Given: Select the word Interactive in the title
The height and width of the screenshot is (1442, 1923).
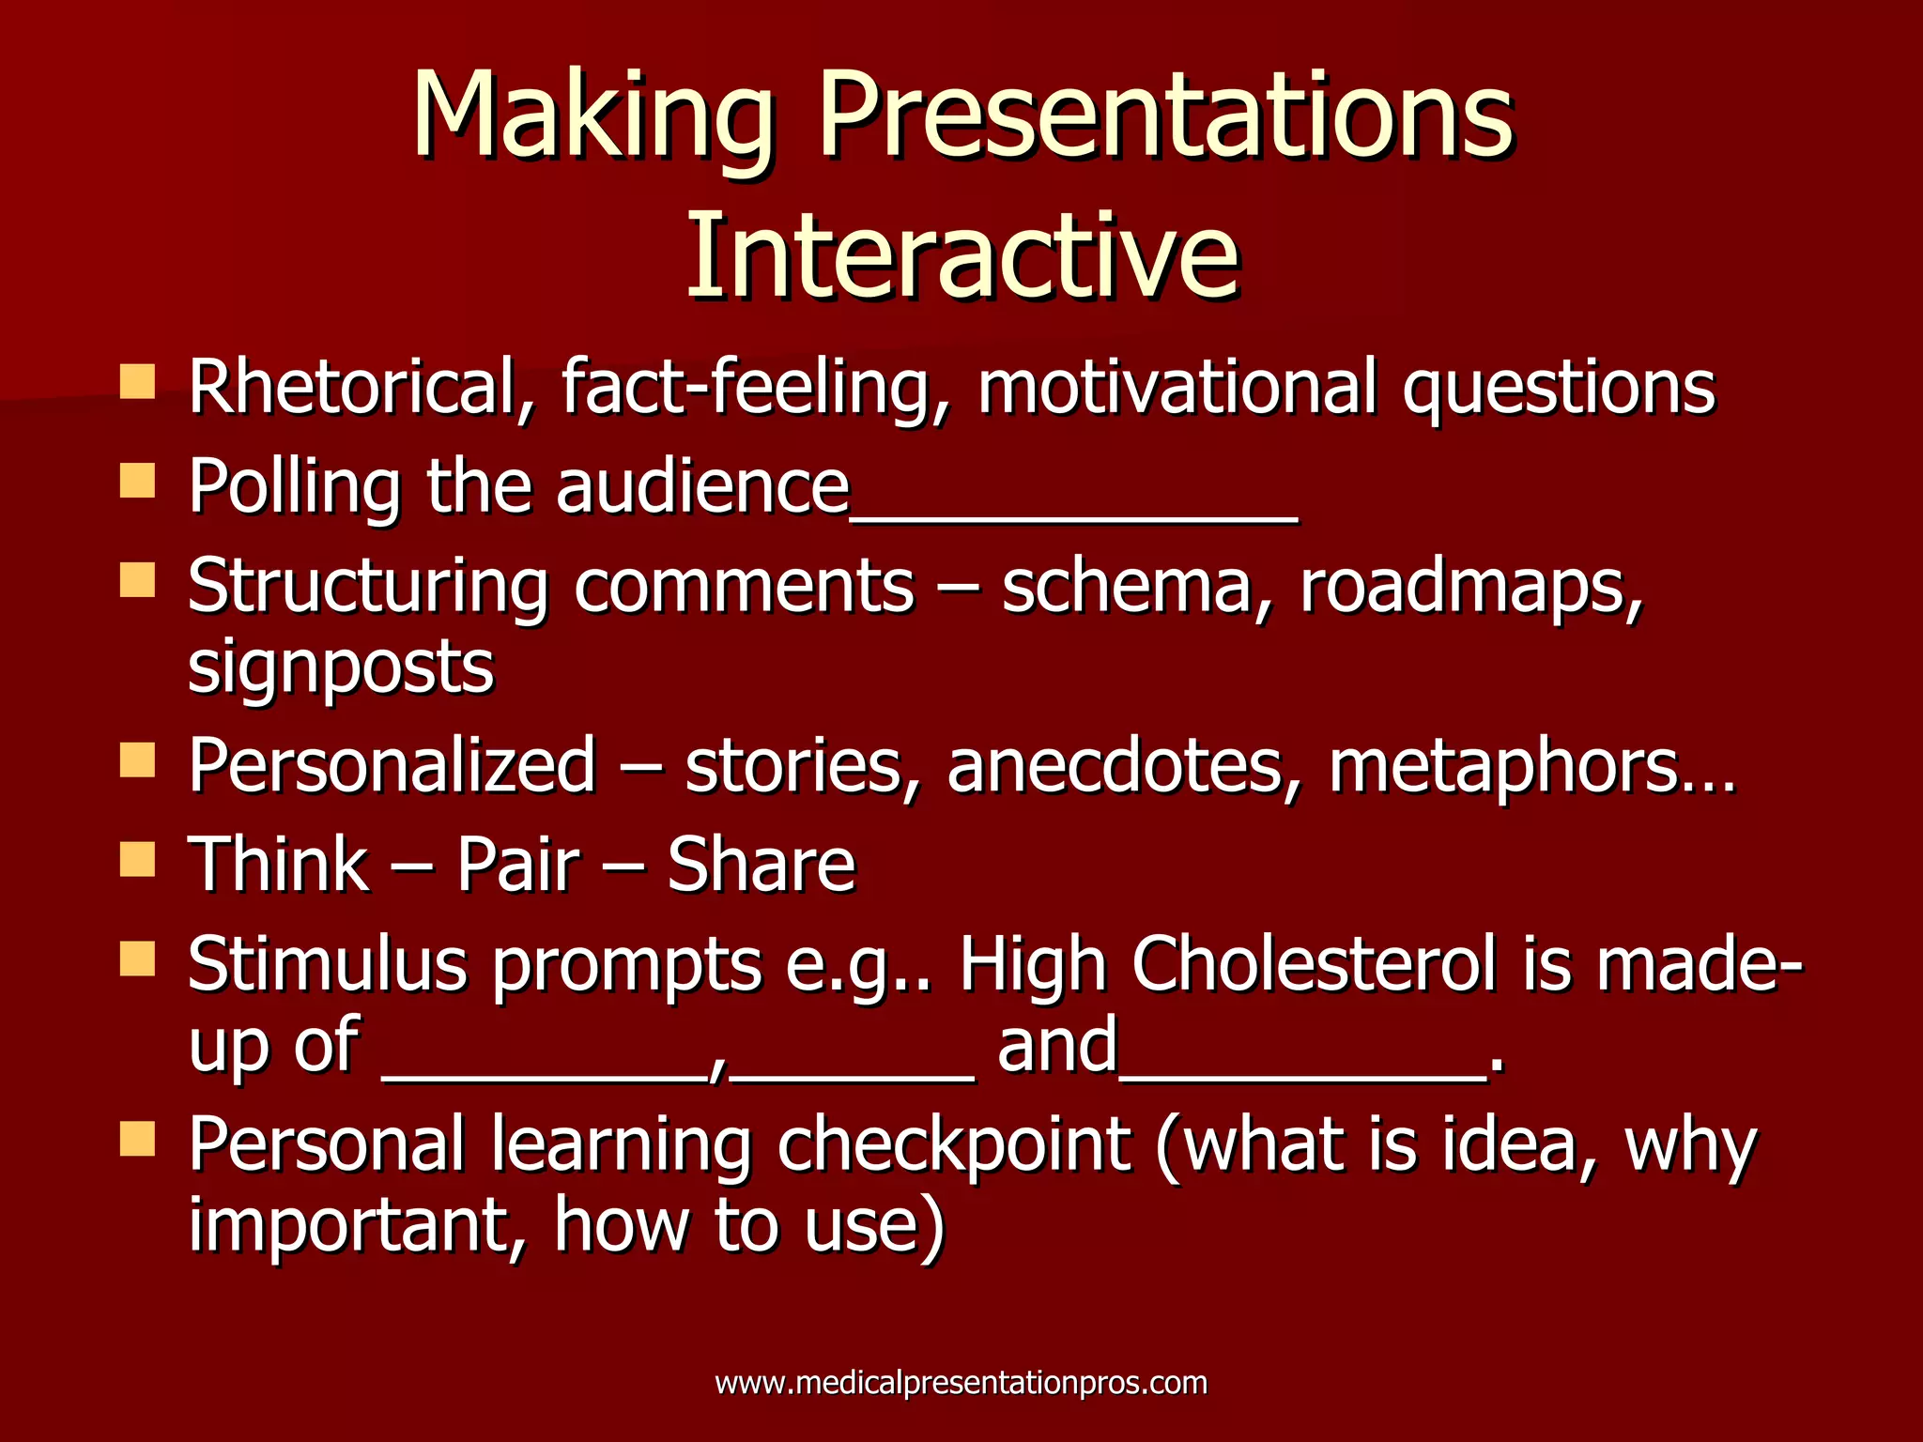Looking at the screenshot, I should click(962, 255).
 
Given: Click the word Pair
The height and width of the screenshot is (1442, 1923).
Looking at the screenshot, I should click(518, 864).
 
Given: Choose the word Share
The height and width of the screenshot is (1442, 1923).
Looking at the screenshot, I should click(762, 864).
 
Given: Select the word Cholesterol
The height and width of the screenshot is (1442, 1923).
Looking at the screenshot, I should click(1314, 965).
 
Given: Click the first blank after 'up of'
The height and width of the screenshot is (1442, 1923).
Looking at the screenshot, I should click(545, 1075).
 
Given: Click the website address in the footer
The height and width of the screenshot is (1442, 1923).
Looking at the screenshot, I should click(961, 1383).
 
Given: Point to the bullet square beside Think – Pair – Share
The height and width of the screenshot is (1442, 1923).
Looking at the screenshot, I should click(137, 859).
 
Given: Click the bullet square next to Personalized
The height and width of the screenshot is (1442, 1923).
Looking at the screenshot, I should click(137, 759).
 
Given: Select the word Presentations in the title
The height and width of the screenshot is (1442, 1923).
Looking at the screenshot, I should click(1165, 117).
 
